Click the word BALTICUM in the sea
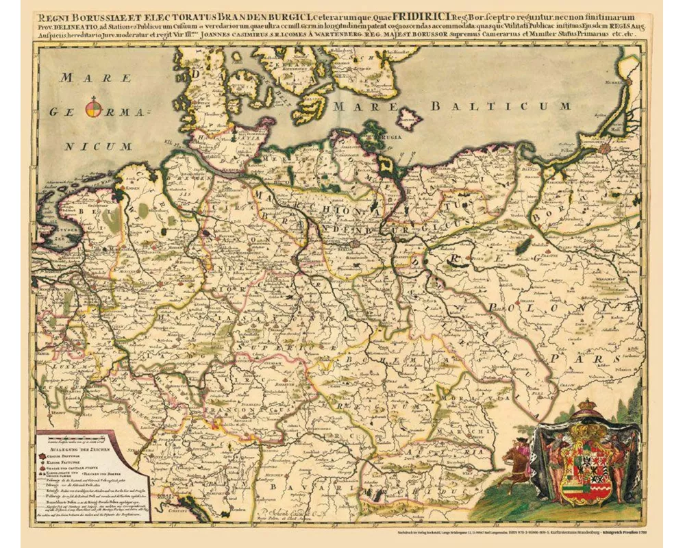(501, 106)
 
